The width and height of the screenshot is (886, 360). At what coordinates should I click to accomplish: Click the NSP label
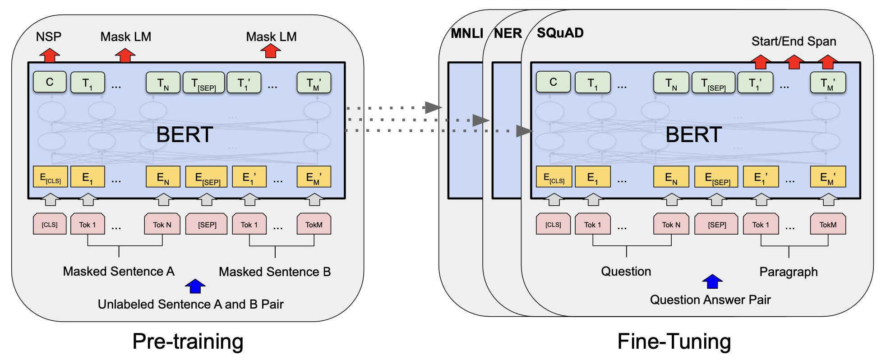[x=49, y=37]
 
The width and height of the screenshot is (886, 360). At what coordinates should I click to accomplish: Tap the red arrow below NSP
[x=50, y=55]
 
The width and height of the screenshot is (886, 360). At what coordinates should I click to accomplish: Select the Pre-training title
[x=188, y=342]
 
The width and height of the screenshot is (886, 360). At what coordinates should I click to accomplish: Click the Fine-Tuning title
[x=674, y=342]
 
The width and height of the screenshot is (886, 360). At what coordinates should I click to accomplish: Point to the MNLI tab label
[x=467, y=33]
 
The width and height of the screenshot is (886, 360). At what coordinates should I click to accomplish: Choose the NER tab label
[x=508, y=33]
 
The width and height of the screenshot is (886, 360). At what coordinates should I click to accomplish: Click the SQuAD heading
[x=560, y=33]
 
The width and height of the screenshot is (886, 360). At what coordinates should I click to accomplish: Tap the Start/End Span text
[x=794, y=42]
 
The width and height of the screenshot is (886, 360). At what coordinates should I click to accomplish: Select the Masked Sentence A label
[x=119, y=271]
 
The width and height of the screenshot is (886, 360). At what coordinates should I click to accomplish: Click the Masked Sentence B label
[x=275, y=272]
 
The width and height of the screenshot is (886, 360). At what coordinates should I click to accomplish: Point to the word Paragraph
[x=789, y=272]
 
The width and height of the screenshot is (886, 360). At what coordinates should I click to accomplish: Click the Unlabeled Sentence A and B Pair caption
[x=191, y=304]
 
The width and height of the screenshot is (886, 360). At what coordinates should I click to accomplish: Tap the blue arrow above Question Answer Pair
[x=712, y=282]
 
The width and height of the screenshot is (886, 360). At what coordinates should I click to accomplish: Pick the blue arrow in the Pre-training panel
[x=195, y=286]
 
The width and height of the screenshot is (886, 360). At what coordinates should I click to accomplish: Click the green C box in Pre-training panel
[x=50, y=82]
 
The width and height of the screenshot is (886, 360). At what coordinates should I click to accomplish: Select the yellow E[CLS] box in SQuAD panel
[x=554, y=177]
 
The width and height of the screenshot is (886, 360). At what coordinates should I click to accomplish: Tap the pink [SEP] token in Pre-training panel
[x=207, y=224]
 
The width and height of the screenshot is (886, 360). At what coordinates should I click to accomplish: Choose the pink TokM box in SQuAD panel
[x=828, y=224]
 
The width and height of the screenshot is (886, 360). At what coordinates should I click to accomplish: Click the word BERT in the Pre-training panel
[x=185, y=134]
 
